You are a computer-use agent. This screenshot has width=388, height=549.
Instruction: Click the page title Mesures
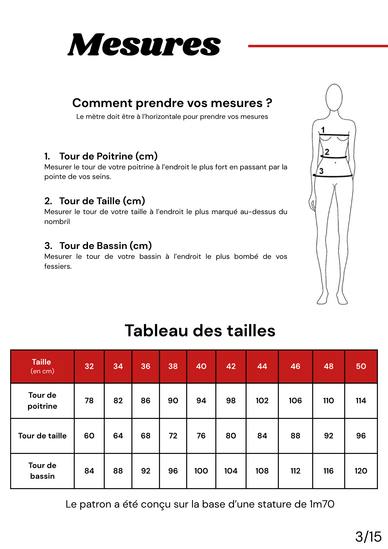pos(144,45)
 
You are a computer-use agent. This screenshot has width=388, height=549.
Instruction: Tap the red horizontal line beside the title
pos(318,46)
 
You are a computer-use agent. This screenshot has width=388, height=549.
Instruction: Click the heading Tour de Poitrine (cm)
pos(108,156)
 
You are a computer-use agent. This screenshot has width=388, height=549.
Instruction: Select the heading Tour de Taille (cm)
pos(102,201)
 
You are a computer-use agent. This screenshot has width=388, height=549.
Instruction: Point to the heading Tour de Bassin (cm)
pos(106,246)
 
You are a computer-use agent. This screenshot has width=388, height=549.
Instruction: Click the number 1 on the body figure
pos(323,130)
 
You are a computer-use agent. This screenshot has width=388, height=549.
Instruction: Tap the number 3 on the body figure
pos(321,171)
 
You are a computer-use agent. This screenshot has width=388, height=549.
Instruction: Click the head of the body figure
pos(334,97)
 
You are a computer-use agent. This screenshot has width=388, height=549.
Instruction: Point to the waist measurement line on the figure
pos(334,157)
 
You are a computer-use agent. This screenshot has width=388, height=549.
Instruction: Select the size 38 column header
pos(173,366)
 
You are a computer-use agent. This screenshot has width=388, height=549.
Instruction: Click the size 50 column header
pos(361,366)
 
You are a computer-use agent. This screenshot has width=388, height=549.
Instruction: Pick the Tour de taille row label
pos(43,436)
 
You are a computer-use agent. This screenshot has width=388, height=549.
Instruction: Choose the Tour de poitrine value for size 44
pos(262,401)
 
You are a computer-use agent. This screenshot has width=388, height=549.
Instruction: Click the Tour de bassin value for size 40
pos(201,471)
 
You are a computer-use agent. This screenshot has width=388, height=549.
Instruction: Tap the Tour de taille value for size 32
pos(89,436)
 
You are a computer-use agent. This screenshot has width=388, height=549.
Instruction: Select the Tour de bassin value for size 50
pos(361,471)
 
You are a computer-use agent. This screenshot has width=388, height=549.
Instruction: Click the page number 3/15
pos(368,537)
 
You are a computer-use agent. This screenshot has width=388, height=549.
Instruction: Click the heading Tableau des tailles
pos(200,330)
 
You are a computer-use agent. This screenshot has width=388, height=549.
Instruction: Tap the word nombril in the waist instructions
pos(57,222)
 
